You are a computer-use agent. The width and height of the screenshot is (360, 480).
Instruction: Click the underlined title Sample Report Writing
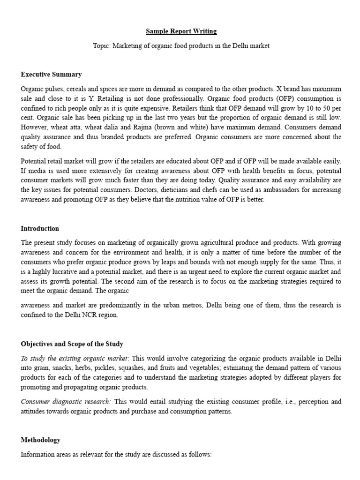(x=181, y=31)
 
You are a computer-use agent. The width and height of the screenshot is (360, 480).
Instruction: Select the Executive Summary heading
(x=51, y=75)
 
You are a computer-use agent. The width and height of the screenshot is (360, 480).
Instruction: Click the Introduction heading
(x=40, y=229)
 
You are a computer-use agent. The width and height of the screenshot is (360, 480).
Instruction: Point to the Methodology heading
(x=41, y=440)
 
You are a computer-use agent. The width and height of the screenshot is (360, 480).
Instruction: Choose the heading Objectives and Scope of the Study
(x=72, y=344)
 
